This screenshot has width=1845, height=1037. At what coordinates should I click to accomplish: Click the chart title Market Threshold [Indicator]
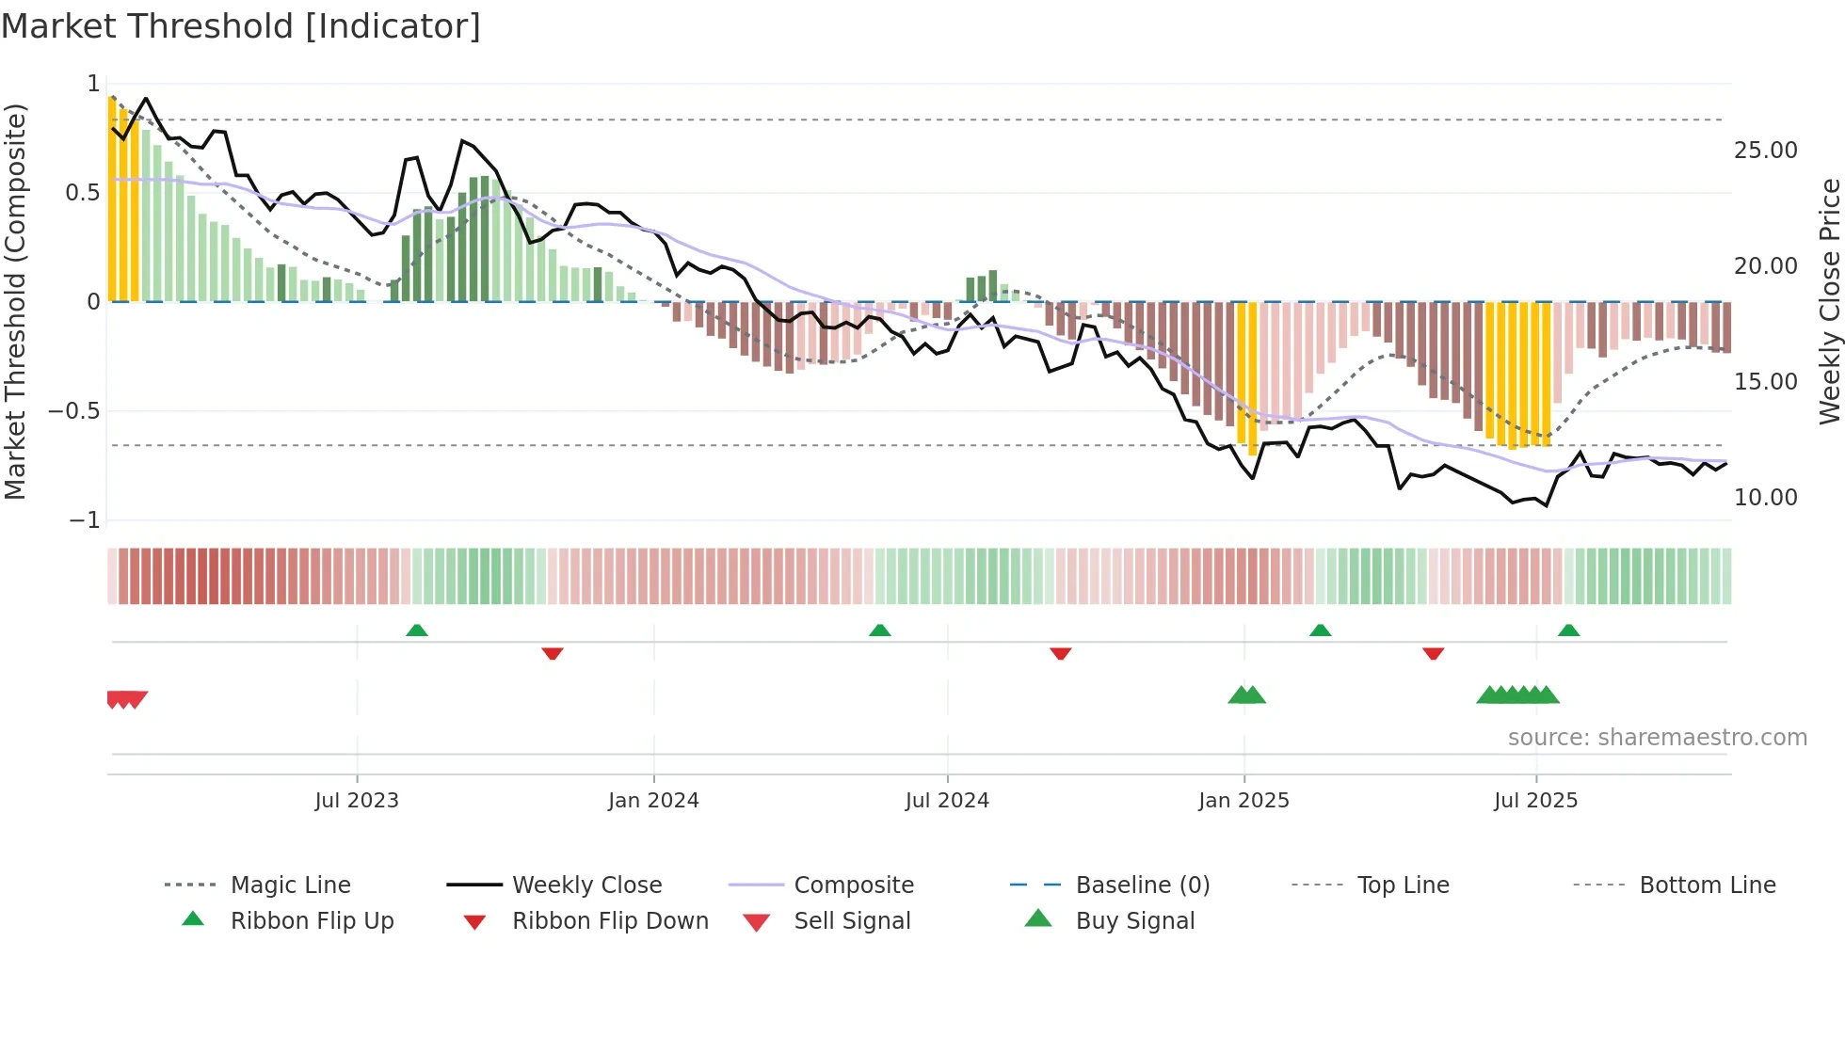[x=241, y=26]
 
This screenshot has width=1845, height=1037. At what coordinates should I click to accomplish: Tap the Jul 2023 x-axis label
[x=357, y=801]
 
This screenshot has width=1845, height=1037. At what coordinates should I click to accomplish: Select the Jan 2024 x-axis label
[x=653, y=801]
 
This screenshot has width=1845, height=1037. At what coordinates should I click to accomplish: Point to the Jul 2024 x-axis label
[x=947, y=801]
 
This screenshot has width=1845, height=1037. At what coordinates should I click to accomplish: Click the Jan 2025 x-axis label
[x=1243, y=801]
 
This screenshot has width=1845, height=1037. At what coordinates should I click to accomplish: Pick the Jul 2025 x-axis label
[x=1535, y=801]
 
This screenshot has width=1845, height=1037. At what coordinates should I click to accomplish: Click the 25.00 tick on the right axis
[x=1765, y=151]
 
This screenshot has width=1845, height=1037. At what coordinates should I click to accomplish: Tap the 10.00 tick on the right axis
[x=1765, y=498]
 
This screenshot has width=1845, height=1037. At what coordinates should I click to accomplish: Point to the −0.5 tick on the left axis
[x=74, y=411]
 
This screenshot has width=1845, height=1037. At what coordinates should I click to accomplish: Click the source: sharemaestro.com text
[x=1657, y=738]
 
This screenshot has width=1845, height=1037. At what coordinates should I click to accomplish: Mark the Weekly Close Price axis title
[x=1829, y=301]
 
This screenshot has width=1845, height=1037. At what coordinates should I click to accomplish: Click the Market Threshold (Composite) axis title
[x=15, y=301]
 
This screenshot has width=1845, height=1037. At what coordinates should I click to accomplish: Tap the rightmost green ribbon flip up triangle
[x=1568, y=630]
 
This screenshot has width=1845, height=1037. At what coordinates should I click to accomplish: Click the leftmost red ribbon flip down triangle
[x=553, y=653]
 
